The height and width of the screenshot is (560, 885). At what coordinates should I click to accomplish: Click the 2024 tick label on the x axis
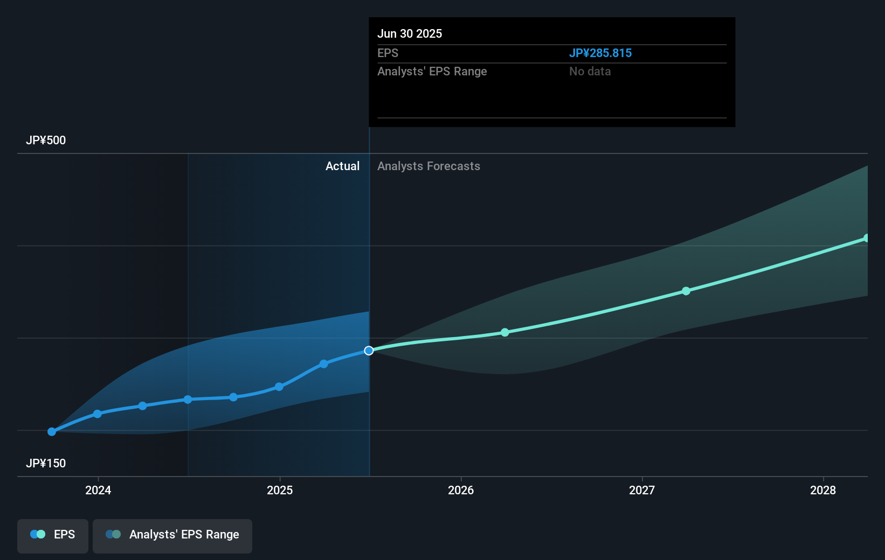[x=98, y=490]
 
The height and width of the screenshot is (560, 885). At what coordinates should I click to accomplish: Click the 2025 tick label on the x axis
[x=280, y=490]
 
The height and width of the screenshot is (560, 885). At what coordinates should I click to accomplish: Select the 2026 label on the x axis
[x=461, y=490]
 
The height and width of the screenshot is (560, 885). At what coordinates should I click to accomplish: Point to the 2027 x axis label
[x=642, y=490]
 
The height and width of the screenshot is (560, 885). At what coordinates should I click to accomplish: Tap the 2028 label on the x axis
[x=823, y=490]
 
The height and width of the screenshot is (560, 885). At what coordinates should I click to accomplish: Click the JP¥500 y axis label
[x=46, y=141]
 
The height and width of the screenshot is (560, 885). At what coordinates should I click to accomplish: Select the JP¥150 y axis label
[x=46, y=464]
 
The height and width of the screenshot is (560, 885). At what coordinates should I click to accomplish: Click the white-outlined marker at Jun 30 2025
[x=369, y=351]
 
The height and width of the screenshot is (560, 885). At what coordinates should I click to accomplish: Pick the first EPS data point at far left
[x=52, y=432]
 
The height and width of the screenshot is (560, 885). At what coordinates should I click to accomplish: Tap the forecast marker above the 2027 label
[x=686, y=291]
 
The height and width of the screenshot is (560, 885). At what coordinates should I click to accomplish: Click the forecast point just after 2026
[x=505, y=333]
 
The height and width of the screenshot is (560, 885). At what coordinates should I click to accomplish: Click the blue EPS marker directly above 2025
[x=279, y=387]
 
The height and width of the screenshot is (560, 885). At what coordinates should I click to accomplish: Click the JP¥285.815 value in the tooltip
[x=600, y=53]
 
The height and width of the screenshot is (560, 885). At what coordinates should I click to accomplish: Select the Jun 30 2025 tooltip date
[x=410, y=34]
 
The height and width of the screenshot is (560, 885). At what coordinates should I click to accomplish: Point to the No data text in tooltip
[x=590, y=72]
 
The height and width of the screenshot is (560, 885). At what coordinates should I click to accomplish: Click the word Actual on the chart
[x=342, y=166]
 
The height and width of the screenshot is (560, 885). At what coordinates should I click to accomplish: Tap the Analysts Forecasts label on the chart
[x=428, y=166]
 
